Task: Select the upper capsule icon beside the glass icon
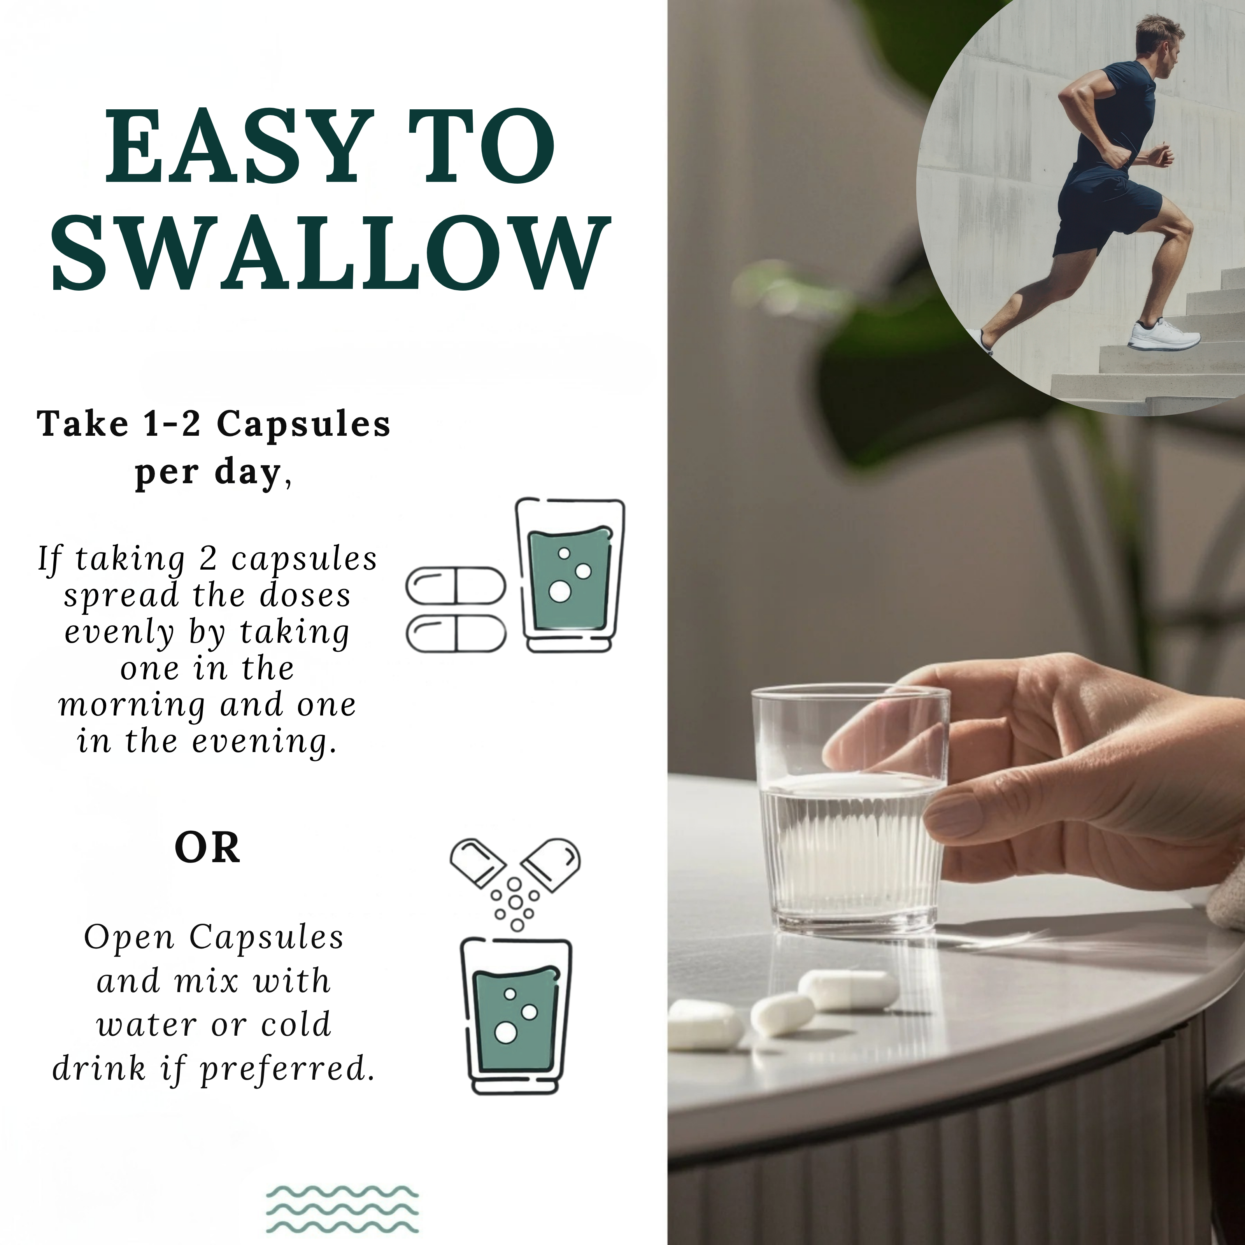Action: coord(456,586)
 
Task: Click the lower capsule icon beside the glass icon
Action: coord(456,633)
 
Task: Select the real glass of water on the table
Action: coord(850,811)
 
